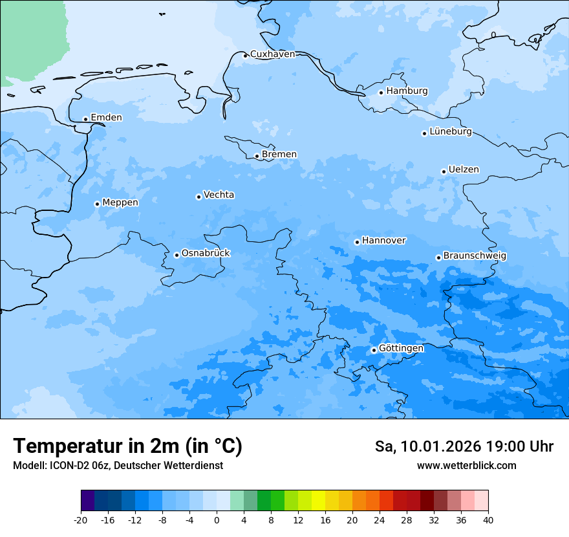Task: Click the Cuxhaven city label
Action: coord(272,54)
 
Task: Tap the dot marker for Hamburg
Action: coord(381,93)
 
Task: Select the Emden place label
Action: coord(106,118)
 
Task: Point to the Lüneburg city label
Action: coord(451,132)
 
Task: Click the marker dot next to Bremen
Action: coord(257,156)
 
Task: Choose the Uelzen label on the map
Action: coord(464,170)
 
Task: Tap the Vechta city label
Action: coord(219,195)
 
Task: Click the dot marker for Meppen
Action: coord(97,204)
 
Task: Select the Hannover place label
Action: coord(383,241)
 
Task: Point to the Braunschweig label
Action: coord(475,256)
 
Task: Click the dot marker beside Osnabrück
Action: coord(177,255)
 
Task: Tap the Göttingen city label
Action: coord(401,349)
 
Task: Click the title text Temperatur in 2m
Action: coord(127,446)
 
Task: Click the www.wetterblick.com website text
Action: coord(466,466)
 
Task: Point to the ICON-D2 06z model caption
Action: coord(118,466)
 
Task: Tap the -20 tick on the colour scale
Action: coord(81,520)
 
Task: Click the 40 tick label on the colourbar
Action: coord(488,520)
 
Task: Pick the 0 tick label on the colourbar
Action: coord(217,520)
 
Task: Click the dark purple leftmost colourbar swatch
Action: coord(87,501)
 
